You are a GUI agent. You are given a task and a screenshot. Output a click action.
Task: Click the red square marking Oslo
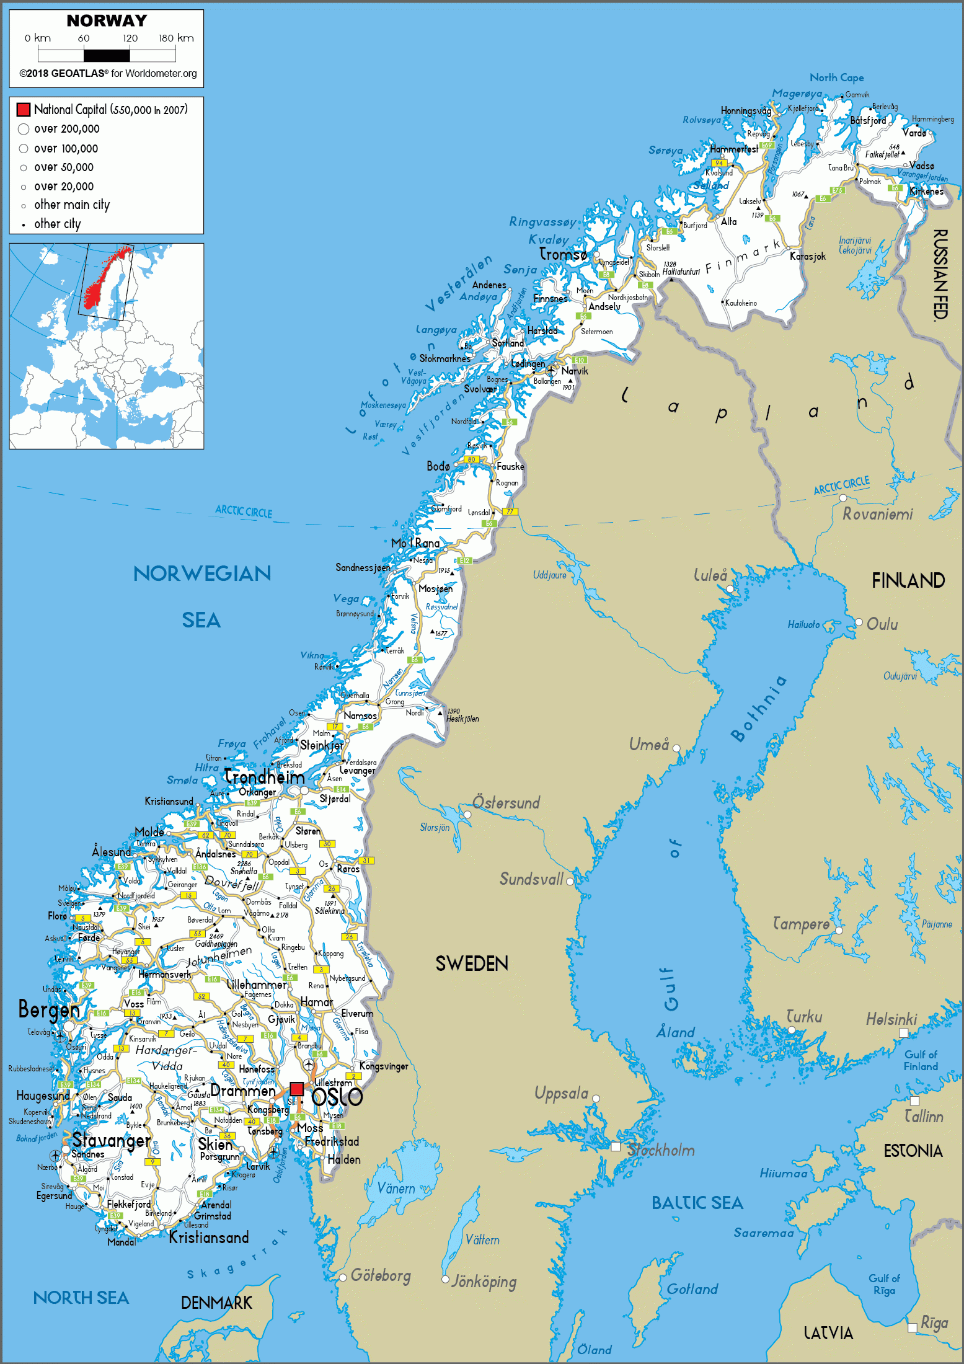pos(297,1088)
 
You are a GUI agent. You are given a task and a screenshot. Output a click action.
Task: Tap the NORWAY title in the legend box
pos(107,21)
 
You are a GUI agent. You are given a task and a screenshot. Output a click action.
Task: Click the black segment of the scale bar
pos(112,56)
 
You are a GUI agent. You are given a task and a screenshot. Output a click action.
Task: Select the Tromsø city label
pos(563,254)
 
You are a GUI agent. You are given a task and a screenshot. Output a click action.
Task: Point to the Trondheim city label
pos(265,777)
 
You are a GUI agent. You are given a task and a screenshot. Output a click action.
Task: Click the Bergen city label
pos(49,1010)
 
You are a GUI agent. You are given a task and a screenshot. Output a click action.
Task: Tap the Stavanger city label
pos(111,1140)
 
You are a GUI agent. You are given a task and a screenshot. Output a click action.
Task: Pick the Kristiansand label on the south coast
pos(209,1238)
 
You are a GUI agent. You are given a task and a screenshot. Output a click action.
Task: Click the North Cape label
pos(836,77)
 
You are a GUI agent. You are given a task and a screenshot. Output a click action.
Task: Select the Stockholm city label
pos(661,1150)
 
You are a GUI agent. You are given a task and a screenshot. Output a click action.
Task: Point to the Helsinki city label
pos(891,1019)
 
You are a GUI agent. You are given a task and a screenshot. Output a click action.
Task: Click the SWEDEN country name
pos(472,963)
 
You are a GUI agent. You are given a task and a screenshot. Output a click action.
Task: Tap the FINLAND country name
pos(908,580)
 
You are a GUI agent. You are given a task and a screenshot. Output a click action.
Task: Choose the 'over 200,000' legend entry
pos(66,129)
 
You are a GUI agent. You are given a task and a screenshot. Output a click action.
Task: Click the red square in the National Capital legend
pos(24,110)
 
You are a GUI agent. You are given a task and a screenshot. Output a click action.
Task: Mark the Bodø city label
pos(438,466)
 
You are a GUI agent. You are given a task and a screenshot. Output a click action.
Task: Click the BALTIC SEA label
pos(697,1203)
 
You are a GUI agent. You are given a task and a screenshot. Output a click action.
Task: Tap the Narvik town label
pos(575,371)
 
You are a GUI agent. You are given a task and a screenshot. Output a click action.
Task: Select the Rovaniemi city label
pos(877,514)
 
